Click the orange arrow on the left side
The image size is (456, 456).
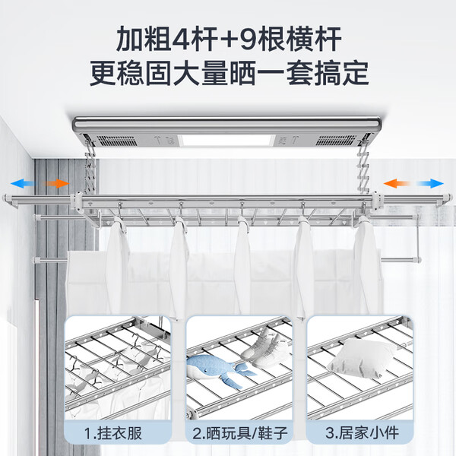point(55,183)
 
